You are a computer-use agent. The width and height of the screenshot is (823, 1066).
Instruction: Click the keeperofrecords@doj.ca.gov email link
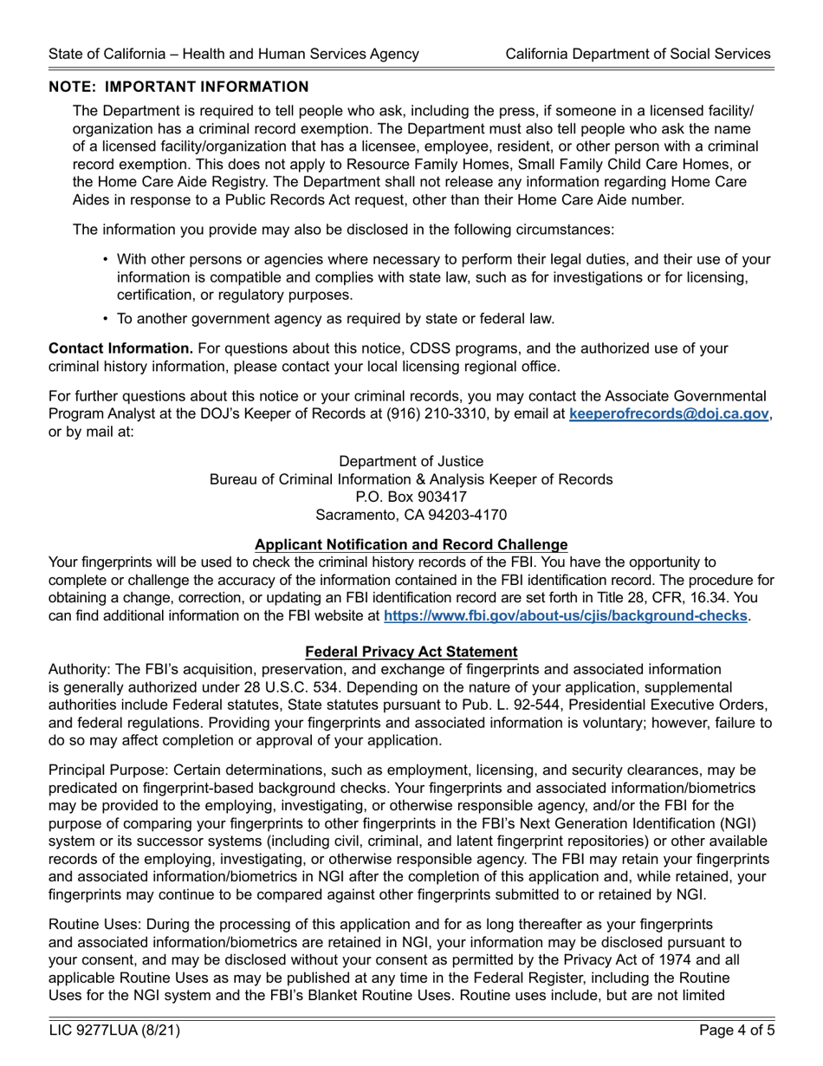(668, 414)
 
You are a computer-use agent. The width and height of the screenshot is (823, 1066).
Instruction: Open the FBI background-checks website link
(565, 615)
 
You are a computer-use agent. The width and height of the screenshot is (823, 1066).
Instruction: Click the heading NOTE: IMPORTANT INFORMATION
(178, 87)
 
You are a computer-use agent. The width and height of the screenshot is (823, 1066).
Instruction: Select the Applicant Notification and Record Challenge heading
(411, 544)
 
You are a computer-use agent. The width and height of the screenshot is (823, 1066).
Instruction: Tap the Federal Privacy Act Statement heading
(411, 652)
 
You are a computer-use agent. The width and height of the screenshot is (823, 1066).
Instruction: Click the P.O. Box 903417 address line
(411, 497)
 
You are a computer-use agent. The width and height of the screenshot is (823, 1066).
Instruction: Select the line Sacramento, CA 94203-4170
(411, 515)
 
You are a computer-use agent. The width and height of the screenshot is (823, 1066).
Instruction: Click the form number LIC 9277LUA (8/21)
(114, 1031)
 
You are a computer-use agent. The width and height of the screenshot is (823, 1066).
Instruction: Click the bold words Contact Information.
(120, 348)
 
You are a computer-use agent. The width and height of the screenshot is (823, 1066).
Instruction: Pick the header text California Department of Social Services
(638, 54)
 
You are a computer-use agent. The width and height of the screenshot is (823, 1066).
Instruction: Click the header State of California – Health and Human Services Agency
(234, 54)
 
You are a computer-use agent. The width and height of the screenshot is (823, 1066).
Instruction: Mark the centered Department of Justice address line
(411, 461)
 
